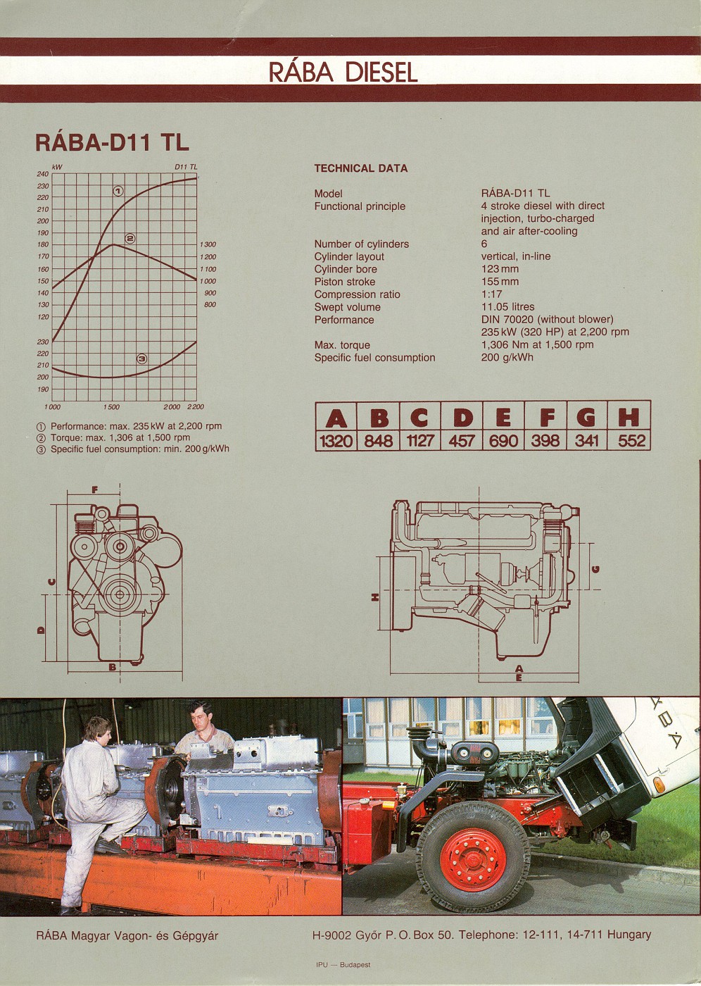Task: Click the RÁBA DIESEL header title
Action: pyautogui.click(x=343, y=72)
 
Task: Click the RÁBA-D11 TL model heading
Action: pyautogui.click(x=112, y=142)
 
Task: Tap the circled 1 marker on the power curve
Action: pyautogui.click(x=118, y=191)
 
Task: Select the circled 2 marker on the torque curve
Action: pyautogui.click(x=130, y=238)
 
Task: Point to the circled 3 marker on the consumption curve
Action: pyautogui.click(x=141, y=358)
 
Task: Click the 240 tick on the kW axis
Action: pyautogui.click(x=43, y=174)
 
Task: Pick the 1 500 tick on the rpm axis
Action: pyautogui.click(x=111, y=407)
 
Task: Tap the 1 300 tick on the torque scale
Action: pyautogui.click(x=208, y=245)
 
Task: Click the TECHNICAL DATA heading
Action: pyautogui.click(x=360, y=168)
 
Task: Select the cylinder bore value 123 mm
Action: pyautogui.click(x=500, y=269)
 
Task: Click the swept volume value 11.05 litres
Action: pyautogui.click(x=507, y=307)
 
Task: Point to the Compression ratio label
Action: pyautogui.click(x=357, y=294)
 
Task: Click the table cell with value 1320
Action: pyautogui.click(x=336, y=441)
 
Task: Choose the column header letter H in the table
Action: pyautogui.click(x=629, y=418)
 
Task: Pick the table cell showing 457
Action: pyautogui.click(x=462, y=441)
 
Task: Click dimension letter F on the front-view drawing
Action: pyautogui.click(x=94, y=489)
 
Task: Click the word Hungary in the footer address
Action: pyautogui.click(x=629, y=935)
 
